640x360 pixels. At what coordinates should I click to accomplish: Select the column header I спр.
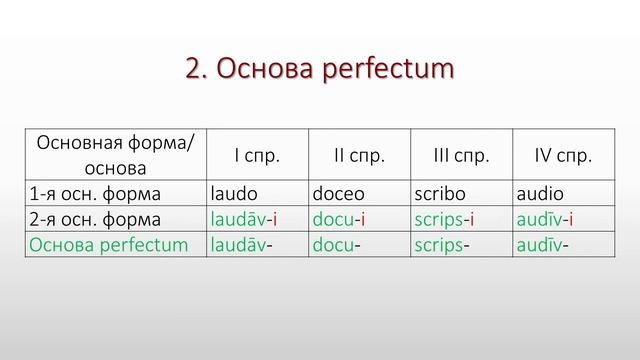257,155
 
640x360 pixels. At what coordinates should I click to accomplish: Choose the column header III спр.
461,155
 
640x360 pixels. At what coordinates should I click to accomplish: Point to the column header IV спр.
564,155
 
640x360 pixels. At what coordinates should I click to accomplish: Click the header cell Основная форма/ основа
115,155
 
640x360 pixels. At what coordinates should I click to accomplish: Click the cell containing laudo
233,193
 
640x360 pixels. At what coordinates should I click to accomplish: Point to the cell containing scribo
439,193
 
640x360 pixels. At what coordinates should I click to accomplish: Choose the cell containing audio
541,193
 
